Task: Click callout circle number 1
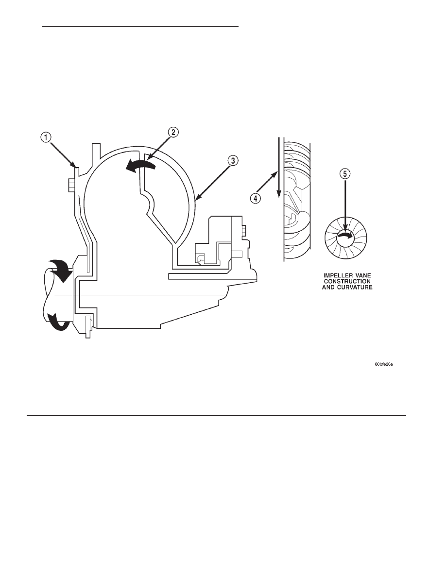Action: [45, 137]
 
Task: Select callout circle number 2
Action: [174, 132]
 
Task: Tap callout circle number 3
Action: [233, 160]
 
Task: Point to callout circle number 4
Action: [256, 199]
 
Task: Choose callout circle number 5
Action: [345, 174]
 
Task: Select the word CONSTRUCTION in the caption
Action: [347, 281]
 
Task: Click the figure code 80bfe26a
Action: [384, 364]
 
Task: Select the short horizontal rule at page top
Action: [140, 27]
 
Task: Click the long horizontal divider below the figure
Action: [216, 415]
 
